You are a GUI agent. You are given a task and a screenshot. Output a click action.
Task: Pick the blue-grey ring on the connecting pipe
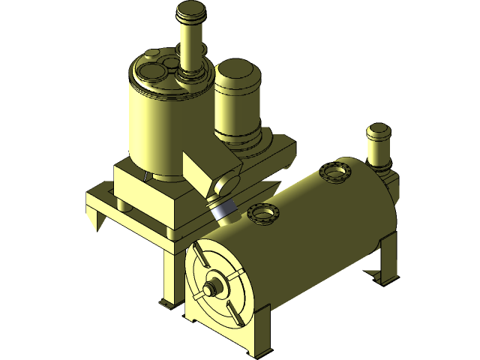point(223,211)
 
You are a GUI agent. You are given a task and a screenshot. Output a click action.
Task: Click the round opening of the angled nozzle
point(226,182)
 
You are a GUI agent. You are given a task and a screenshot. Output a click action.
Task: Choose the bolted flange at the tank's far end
point(336,172)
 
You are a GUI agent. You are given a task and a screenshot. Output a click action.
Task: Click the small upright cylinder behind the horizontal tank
point(378,146)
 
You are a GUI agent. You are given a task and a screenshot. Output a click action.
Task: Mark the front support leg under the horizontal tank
point(259,330)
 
